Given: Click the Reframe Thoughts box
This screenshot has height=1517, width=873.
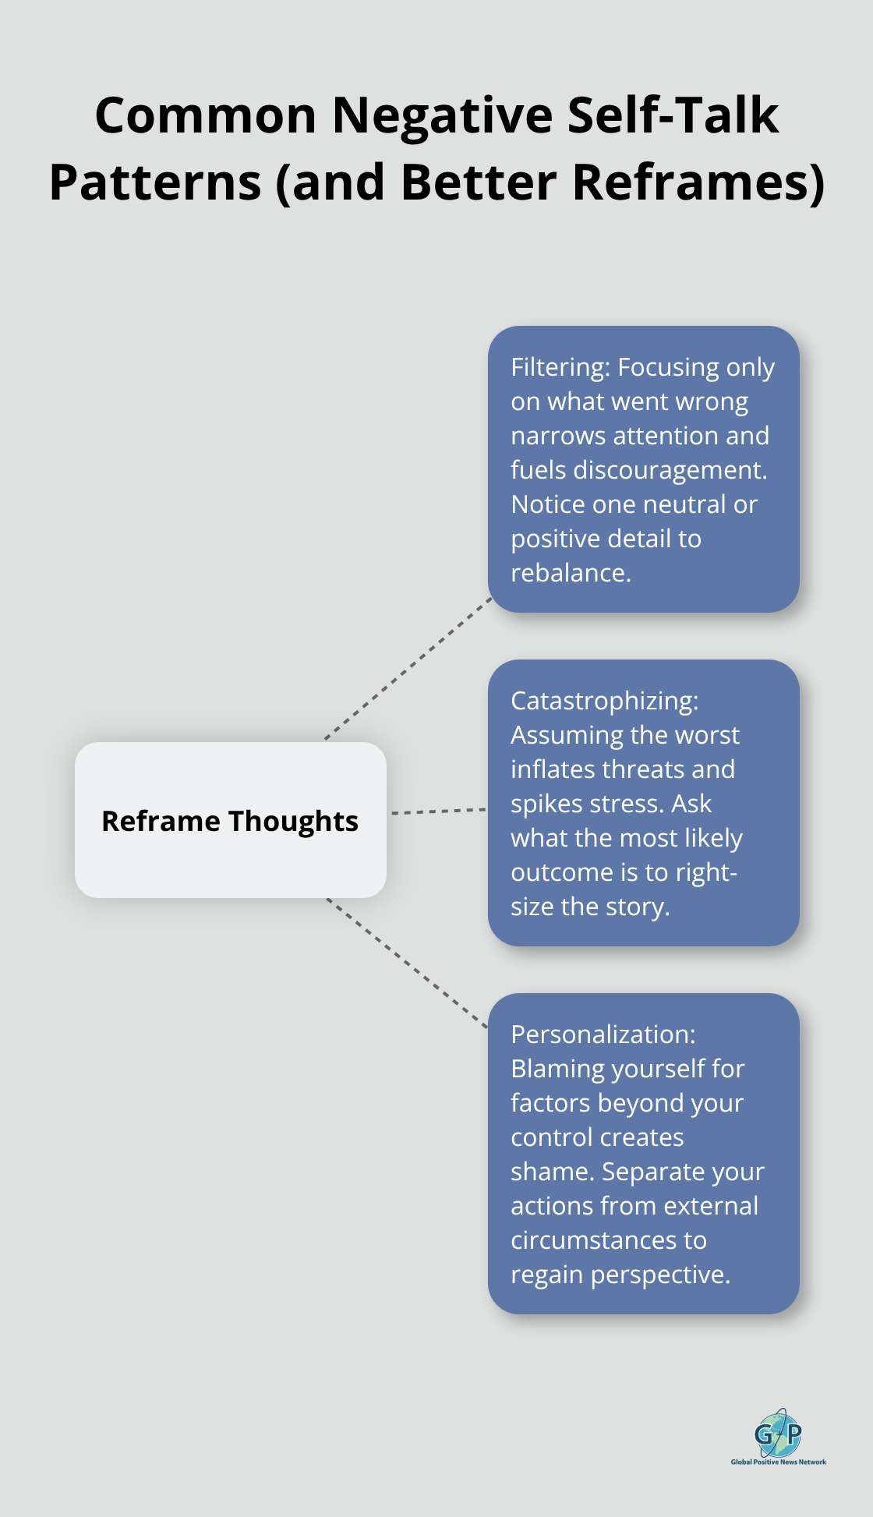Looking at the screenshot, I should [230, 820].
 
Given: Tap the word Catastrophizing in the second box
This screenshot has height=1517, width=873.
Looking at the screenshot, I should [603, 701].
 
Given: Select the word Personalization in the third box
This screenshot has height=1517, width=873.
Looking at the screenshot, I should [602, 1034].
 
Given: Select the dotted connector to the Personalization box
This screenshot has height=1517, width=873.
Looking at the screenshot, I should [407, 963].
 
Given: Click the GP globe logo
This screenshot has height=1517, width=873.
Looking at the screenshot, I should [778, 1433].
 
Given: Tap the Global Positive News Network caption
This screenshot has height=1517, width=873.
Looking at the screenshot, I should [778, 1462].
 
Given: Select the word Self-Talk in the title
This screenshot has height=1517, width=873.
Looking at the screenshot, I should [673, 115].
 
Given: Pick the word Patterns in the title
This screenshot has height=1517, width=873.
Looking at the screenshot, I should [155, 182].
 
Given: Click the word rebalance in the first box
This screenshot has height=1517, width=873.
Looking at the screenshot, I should [569, 573].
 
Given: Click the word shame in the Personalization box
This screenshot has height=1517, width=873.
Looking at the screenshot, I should [551, 1172].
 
